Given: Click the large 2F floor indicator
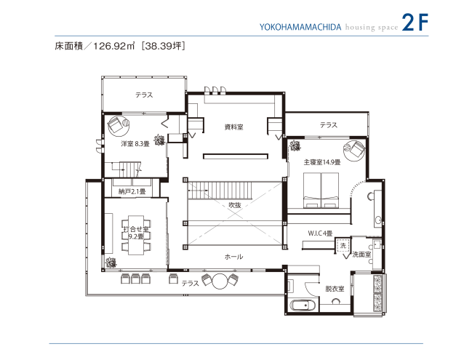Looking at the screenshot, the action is tap(415, 23).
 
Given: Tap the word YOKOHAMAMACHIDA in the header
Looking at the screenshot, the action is tap(300, 28).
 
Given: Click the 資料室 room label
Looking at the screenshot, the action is tap(233, 127).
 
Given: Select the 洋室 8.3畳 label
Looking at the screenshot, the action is tap(135, 144).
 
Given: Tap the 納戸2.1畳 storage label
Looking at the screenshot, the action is tap(132, 191).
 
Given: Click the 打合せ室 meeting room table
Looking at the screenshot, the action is tap(136, 235).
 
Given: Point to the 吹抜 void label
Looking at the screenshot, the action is tap(235, 205).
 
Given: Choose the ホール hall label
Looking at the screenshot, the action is tap(233, 257).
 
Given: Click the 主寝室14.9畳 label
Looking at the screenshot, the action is tap(321, 162).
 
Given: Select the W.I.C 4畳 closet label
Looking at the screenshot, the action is tap(320, 233).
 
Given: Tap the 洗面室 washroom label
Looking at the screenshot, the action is tap(361, 255).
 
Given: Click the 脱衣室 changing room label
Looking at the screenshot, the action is tap(335, 289).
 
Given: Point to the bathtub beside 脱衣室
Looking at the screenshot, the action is tap(303, 306).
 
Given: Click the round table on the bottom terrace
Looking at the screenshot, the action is tap(220, 281).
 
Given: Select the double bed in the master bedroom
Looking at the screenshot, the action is tap(321, 191).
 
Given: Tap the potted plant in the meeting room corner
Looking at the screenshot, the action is tap(111, 263).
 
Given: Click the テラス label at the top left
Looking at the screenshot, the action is tap(144, 95).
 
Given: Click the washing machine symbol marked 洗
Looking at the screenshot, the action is tap(343, 245).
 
